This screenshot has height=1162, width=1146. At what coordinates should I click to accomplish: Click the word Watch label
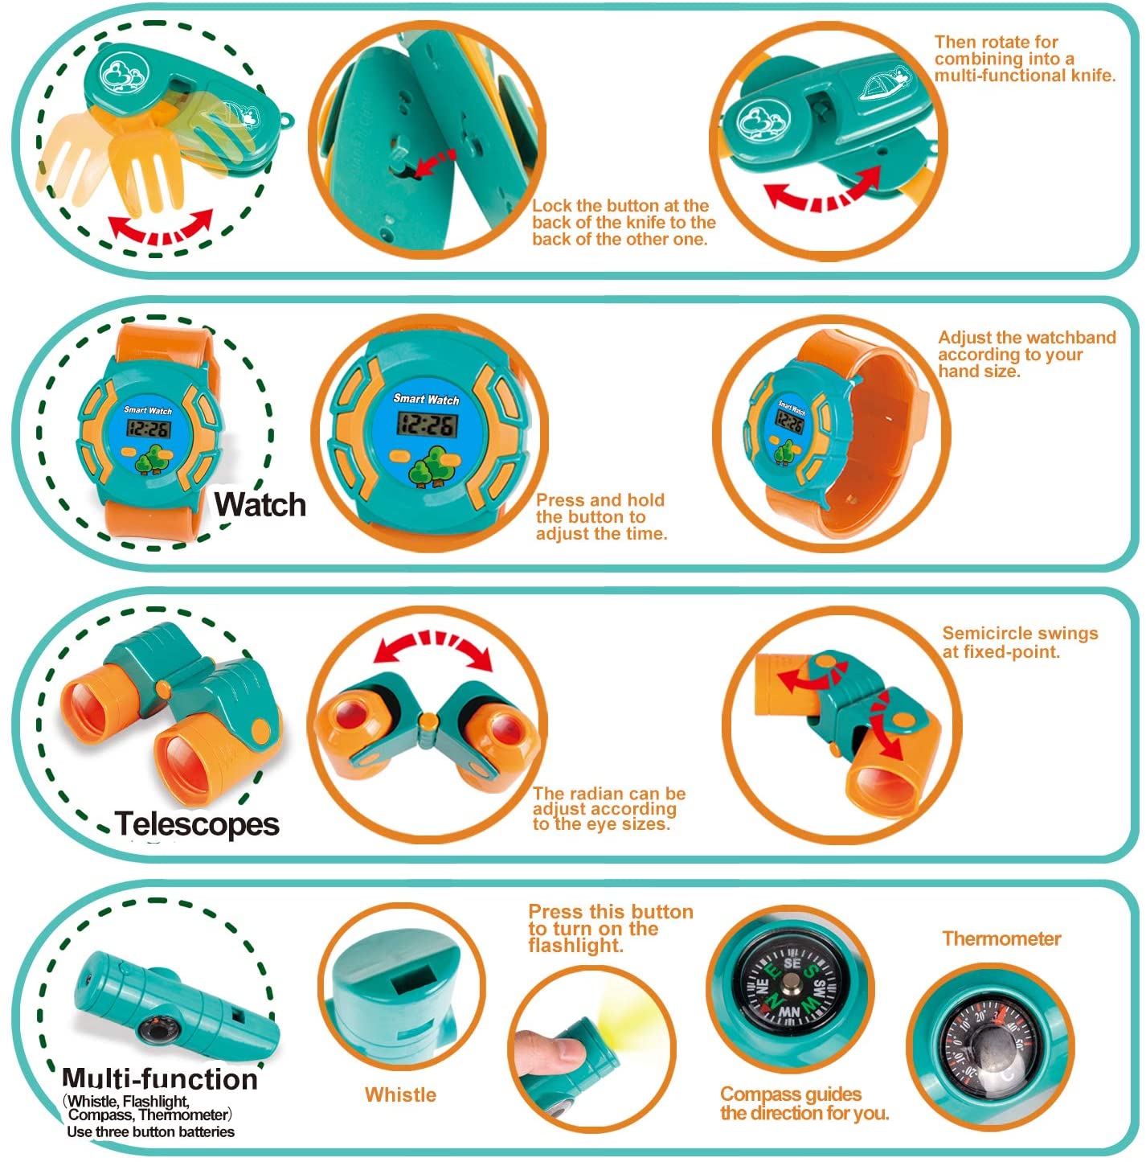(260, 504)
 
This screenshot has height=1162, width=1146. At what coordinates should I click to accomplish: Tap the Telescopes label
(197, 823)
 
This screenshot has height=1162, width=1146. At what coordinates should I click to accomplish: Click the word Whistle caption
(400, 1094)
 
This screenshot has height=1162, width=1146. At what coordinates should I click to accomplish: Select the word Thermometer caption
(1001, 938)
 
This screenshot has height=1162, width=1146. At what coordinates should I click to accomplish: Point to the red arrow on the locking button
(433, 162)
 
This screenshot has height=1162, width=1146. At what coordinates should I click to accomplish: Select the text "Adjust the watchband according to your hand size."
(1026, 354)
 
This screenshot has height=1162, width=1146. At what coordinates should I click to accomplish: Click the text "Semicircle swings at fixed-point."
(1020, 643)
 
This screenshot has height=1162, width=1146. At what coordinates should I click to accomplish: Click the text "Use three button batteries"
(151, 1132)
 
